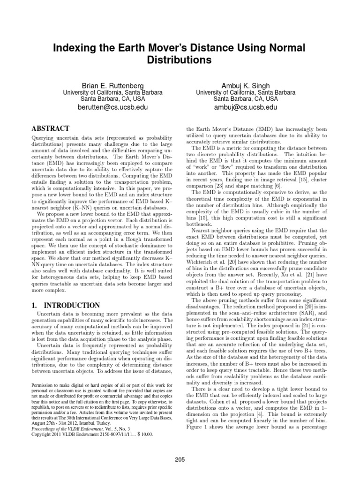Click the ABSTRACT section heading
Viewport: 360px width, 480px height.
(x=50, y=128)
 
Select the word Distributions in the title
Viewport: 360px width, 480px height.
(x=180, y=60)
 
